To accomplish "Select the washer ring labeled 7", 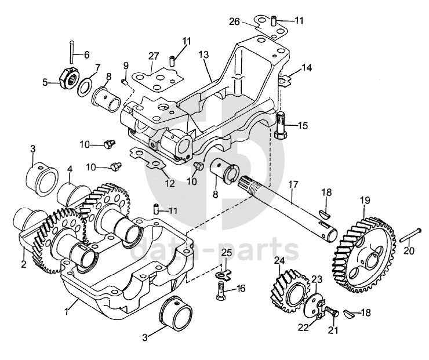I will coord(85,86).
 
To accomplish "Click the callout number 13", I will coord(203,54).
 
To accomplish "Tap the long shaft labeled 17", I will coord(290,203).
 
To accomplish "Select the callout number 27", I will coord(153,56).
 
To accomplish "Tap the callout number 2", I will coord(23,264).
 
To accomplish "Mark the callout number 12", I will coord(169,184).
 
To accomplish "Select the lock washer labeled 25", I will coord(219,274).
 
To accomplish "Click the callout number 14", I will coord(306,68).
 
